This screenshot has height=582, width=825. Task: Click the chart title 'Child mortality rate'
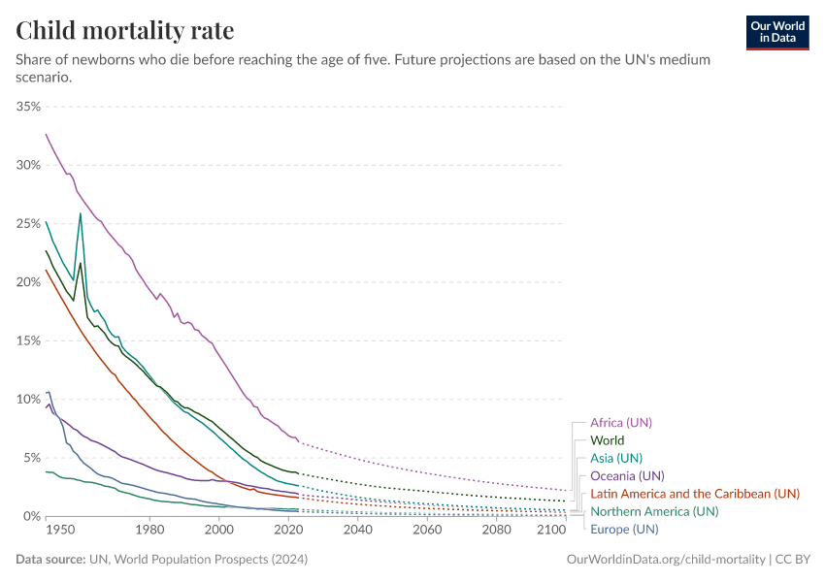point(125,30)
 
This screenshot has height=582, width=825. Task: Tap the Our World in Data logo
point(776,32)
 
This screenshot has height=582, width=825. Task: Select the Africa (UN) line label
point(621,423)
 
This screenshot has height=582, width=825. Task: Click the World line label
point(607,440)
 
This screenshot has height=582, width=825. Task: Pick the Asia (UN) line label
point(616,458)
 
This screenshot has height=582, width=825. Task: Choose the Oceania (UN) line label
point(627,475)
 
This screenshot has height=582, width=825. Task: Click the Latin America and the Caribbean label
point(694,494)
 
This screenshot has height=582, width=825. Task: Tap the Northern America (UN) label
point(654,511)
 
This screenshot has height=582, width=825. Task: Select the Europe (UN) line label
point(624,529)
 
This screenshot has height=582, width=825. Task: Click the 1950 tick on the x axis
point(59,531)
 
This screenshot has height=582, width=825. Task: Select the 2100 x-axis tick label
point(550,531)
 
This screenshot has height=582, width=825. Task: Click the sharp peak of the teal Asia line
point(80,213)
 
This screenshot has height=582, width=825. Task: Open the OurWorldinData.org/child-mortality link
point(665,560)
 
